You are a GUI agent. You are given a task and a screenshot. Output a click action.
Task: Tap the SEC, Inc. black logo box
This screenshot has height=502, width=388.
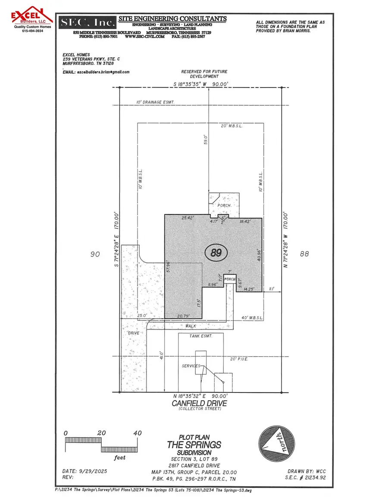click(x=88, y=22)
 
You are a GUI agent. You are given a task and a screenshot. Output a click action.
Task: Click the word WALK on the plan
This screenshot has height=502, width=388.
click(x=196, y=327)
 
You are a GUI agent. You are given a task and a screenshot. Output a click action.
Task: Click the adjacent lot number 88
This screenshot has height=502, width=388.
click(x=304, y=254)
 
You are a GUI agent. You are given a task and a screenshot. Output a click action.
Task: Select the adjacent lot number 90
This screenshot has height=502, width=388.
click(x=95, y=254)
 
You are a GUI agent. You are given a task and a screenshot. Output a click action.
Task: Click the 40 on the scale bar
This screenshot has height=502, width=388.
click(x=138, y=433)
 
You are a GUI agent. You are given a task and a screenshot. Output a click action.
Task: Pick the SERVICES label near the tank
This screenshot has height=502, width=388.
click(x=191, y=366)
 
